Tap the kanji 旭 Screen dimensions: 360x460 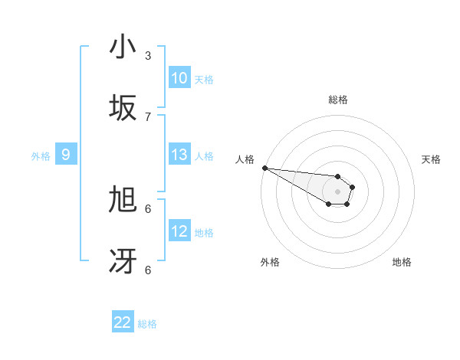(123, 200)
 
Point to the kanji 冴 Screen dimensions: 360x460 (123, 261)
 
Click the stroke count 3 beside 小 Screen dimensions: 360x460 (148, 55)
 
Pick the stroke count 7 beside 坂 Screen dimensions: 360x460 (148, 116)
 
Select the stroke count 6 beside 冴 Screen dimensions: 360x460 (148, 270)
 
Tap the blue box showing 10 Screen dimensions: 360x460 (179, 78)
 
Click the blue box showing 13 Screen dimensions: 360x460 (179, 155)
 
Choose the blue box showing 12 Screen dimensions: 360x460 (179, 231)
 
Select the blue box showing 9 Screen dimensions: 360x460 (66, 155)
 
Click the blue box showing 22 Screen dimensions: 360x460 (123, 322)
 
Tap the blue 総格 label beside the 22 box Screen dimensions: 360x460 (147, 324)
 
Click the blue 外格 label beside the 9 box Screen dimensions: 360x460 (41, 156)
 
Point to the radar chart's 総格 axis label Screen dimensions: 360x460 (338, 100)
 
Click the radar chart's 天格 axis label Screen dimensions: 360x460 (432, 159)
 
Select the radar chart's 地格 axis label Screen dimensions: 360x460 (402, 262)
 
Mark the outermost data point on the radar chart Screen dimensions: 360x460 (264, 168)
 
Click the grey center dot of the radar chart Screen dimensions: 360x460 (337, 191)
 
